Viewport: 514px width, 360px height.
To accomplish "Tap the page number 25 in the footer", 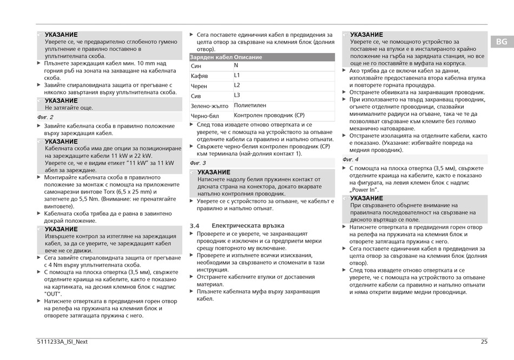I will click(x=484, y=341).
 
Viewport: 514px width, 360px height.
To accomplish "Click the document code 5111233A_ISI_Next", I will click(x=61, y=341).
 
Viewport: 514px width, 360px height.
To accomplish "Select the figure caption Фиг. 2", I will click(x=45, y=117).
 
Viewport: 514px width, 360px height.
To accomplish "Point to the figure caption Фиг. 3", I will click(x=197, y=163).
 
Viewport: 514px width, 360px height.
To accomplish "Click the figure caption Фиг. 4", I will click(x=350, y=159).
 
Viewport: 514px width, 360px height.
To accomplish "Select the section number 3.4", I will click(x=195, y=225).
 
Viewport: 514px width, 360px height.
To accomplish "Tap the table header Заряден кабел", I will click(x=211, y=57).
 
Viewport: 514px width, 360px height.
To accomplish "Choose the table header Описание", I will click(x=248, y=57).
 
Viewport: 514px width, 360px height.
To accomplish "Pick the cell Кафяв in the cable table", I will click(x=199, y=76).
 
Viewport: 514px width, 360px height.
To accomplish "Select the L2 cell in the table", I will click(x=237, y=85).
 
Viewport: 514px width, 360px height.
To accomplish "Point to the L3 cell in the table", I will click(x=237, y=95).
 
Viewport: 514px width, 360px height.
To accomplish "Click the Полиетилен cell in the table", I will click(x=250, y=105).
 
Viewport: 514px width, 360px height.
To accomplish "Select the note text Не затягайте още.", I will click(x=69, y=108).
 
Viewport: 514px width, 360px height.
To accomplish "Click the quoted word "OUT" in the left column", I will click(x=53, y=294).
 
